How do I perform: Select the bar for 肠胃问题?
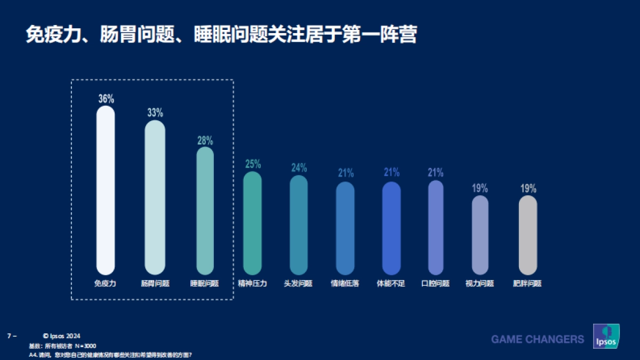pos(155,197)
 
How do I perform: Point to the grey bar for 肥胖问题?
pos(527,235)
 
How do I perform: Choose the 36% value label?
pos(106,99)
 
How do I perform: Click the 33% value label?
pos(155,113)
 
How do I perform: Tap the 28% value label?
pos(205,141)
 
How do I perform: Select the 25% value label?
pos(253,164)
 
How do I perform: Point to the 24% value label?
pos(299,167)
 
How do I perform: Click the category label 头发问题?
pos(298,284)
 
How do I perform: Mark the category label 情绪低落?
pos(345,284)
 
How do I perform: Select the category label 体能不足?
pos(391,284)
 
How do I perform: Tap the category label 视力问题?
pos(480,284)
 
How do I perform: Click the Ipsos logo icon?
pos(606,337)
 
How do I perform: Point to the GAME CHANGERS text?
pos(537,339)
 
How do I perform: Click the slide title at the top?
pos(221,35)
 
